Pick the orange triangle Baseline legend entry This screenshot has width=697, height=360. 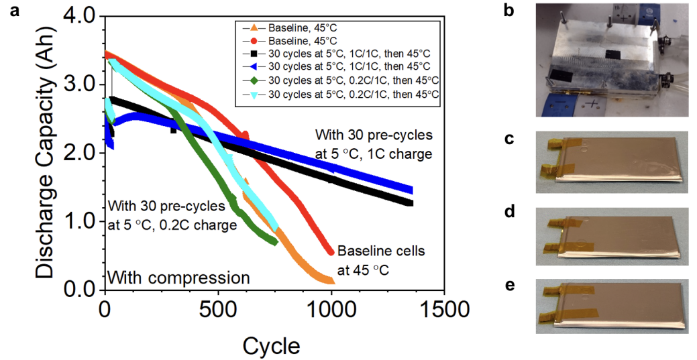click(x=254, y=29)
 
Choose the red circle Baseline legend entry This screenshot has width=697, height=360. click(x=254, y=40)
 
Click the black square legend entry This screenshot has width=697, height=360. click(x=254, y=53)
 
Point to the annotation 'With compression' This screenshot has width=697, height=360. click(x=178, y=277)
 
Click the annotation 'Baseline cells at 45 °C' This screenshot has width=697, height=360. click(x=380, y=260)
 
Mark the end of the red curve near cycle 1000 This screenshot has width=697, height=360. click(x=331, y=251)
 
